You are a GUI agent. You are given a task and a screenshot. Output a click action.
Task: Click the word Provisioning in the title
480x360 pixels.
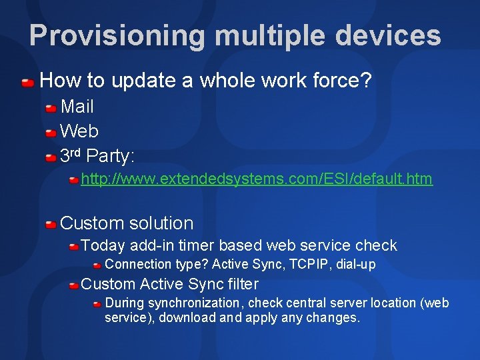(117, 36)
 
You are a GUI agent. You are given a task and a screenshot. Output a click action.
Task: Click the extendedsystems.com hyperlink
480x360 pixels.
(257, 179)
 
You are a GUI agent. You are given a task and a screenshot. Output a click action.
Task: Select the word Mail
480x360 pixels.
(77, 107)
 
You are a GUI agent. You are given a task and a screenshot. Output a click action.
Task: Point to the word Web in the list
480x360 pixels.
(79, 131)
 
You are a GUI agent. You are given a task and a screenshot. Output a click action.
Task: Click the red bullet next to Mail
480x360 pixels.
(51, 109)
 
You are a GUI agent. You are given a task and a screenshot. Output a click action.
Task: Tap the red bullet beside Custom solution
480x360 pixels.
(51, 225)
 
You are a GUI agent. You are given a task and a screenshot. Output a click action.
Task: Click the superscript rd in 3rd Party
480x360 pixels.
(75, 152)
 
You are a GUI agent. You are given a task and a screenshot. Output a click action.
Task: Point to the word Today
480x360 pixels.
(103, 246)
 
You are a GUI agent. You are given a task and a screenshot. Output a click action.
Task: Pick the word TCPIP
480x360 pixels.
(309, 264)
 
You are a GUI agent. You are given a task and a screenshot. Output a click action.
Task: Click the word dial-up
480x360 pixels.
(355, 265)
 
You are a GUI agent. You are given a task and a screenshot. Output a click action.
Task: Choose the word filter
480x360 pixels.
(243, 284)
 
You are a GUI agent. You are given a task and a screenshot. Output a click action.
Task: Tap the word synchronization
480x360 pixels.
(193, 303)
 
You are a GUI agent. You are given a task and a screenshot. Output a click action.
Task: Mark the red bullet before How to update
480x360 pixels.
(28, 83)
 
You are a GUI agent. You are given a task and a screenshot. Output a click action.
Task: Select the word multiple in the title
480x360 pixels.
(270, 36)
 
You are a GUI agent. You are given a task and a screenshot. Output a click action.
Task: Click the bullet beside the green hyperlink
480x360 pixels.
(74, 180)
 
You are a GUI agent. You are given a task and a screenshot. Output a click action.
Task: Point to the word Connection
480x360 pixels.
(138, 264)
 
